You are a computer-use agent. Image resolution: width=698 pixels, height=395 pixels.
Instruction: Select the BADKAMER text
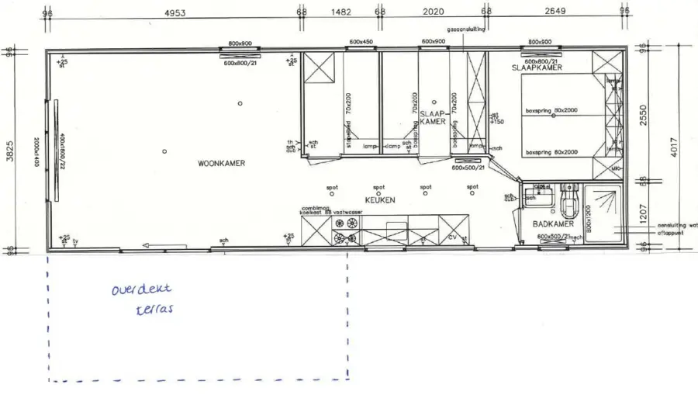(552, 224)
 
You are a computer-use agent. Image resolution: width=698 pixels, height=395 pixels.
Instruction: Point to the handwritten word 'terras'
(152, 310)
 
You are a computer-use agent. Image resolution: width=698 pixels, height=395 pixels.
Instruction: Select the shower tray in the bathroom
(606, 214)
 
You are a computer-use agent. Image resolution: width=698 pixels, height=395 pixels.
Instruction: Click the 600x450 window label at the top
(361, 42)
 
